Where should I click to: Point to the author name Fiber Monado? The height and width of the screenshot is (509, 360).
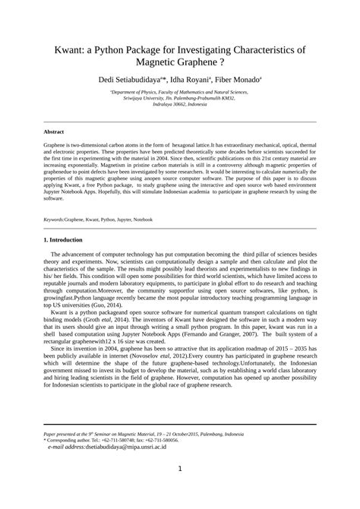tap(238, 79)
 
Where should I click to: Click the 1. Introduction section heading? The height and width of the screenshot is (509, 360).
tap(69, 241)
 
